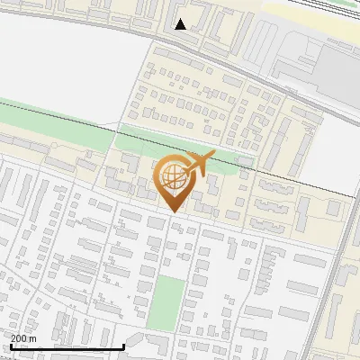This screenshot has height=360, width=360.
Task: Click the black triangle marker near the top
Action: point(181,24)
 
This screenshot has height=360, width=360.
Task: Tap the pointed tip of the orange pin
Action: point(175,211)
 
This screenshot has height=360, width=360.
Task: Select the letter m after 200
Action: point(33,338)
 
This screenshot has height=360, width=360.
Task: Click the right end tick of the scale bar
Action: point(123,346)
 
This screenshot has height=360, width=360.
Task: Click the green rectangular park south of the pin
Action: point(166,301)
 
